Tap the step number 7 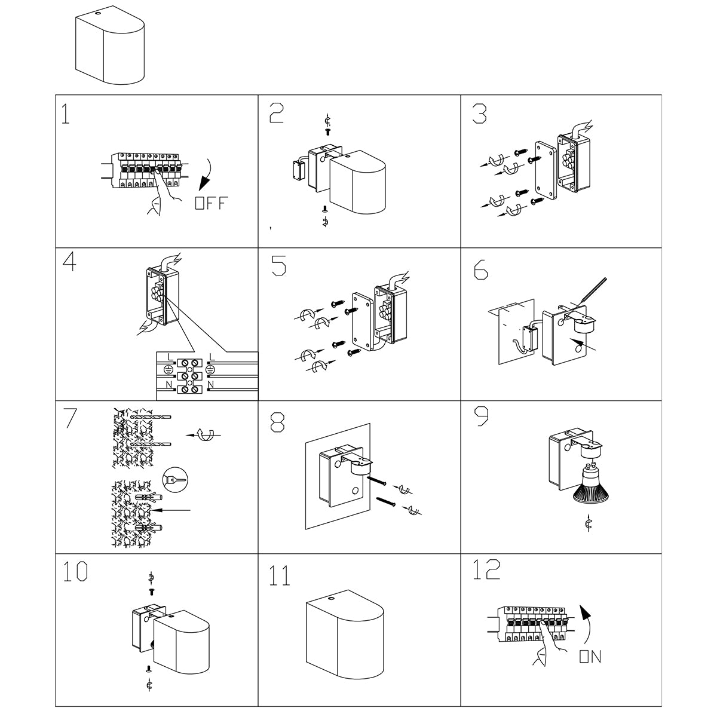pos(70,418)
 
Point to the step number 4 pos(69,263)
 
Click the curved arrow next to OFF pos(210,173)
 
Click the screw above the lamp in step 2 pos(327,130)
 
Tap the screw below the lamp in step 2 pos(324,209)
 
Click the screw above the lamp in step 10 pos(151,591)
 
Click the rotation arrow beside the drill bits pos(204,436)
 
